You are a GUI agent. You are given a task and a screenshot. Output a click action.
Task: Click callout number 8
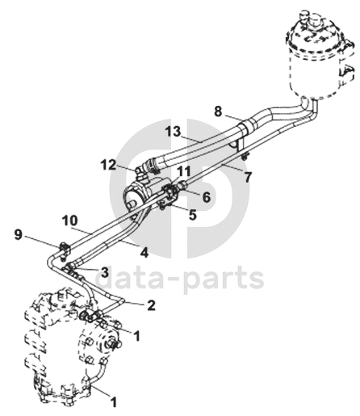click(x=218, y=111)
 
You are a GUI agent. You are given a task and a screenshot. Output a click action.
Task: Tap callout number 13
click(x=174, y=132)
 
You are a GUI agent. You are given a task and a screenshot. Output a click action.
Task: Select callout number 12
click(x=109, y=165)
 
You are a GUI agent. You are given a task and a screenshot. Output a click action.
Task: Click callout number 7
click(x=248, y=177)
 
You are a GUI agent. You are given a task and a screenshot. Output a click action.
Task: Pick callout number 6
click(x=207, y=197)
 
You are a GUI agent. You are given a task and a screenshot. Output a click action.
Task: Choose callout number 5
click(x=193, y=215)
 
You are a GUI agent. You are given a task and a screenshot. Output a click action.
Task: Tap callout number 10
click(x=69, y=221)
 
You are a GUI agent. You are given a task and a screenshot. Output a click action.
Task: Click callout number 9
click(x=18, y=235)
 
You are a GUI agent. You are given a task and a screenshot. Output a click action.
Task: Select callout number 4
click(x=144, y=253)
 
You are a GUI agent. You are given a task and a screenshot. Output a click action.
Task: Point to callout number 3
click(x=104, y=272)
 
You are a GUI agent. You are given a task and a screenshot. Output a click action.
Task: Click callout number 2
click(x=151, y=305)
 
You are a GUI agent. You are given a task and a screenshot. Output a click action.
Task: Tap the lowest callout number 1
click(x=114, y=402)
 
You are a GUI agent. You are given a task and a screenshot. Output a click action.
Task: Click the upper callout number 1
click(x=137, y=336)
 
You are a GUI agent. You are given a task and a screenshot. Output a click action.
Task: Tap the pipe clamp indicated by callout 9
click(x=64, y=250)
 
